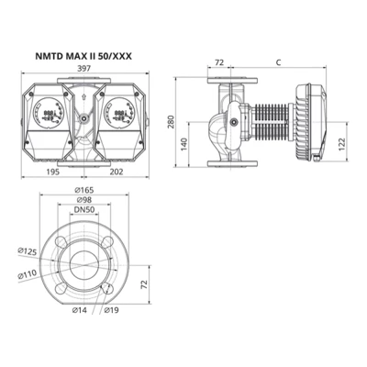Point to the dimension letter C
pyautogui.click(x=278, y=64)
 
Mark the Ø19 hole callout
pyautogui.click(x=110, y=312)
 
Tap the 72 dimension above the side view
pyautogui.click(x=219, y=64)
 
